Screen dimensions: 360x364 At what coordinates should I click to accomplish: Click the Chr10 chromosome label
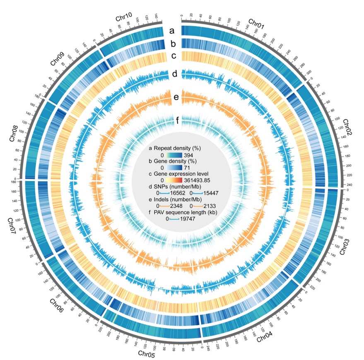pos(123,18)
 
